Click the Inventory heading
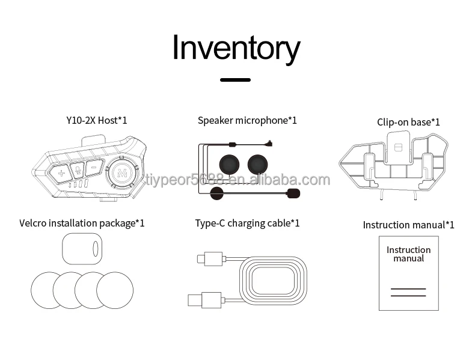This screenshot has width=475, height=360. coord(236,47)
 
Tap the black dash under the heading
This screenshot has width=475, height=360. coord(235,79)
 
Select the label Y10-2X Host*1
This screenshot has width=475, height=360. coord(96,120)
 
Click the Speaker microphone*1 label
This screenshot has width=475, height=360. coord(247,120)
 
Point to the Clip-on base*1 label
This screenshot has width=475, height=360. coord(408,122)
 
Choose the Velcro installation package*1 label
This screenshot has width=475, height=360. coord(82,224)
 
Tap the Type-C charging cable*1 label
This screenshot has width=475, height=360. coord(247,224)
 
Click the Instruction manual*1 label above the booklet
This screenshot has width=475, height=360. coord(408,225)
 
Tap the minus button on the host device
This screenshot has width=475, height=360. coord(93,169)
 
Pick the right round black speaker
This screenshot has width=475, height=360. coord(259,163)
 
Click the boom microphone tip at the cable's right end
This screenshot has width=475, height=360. coord(293,193)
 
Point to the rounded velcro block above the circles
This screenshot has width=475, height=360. coord(82,248)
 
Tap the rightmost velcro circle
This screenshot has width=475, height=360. coord(115,291)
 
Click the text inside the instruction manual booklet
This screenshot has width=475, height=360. coord(408,254)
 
